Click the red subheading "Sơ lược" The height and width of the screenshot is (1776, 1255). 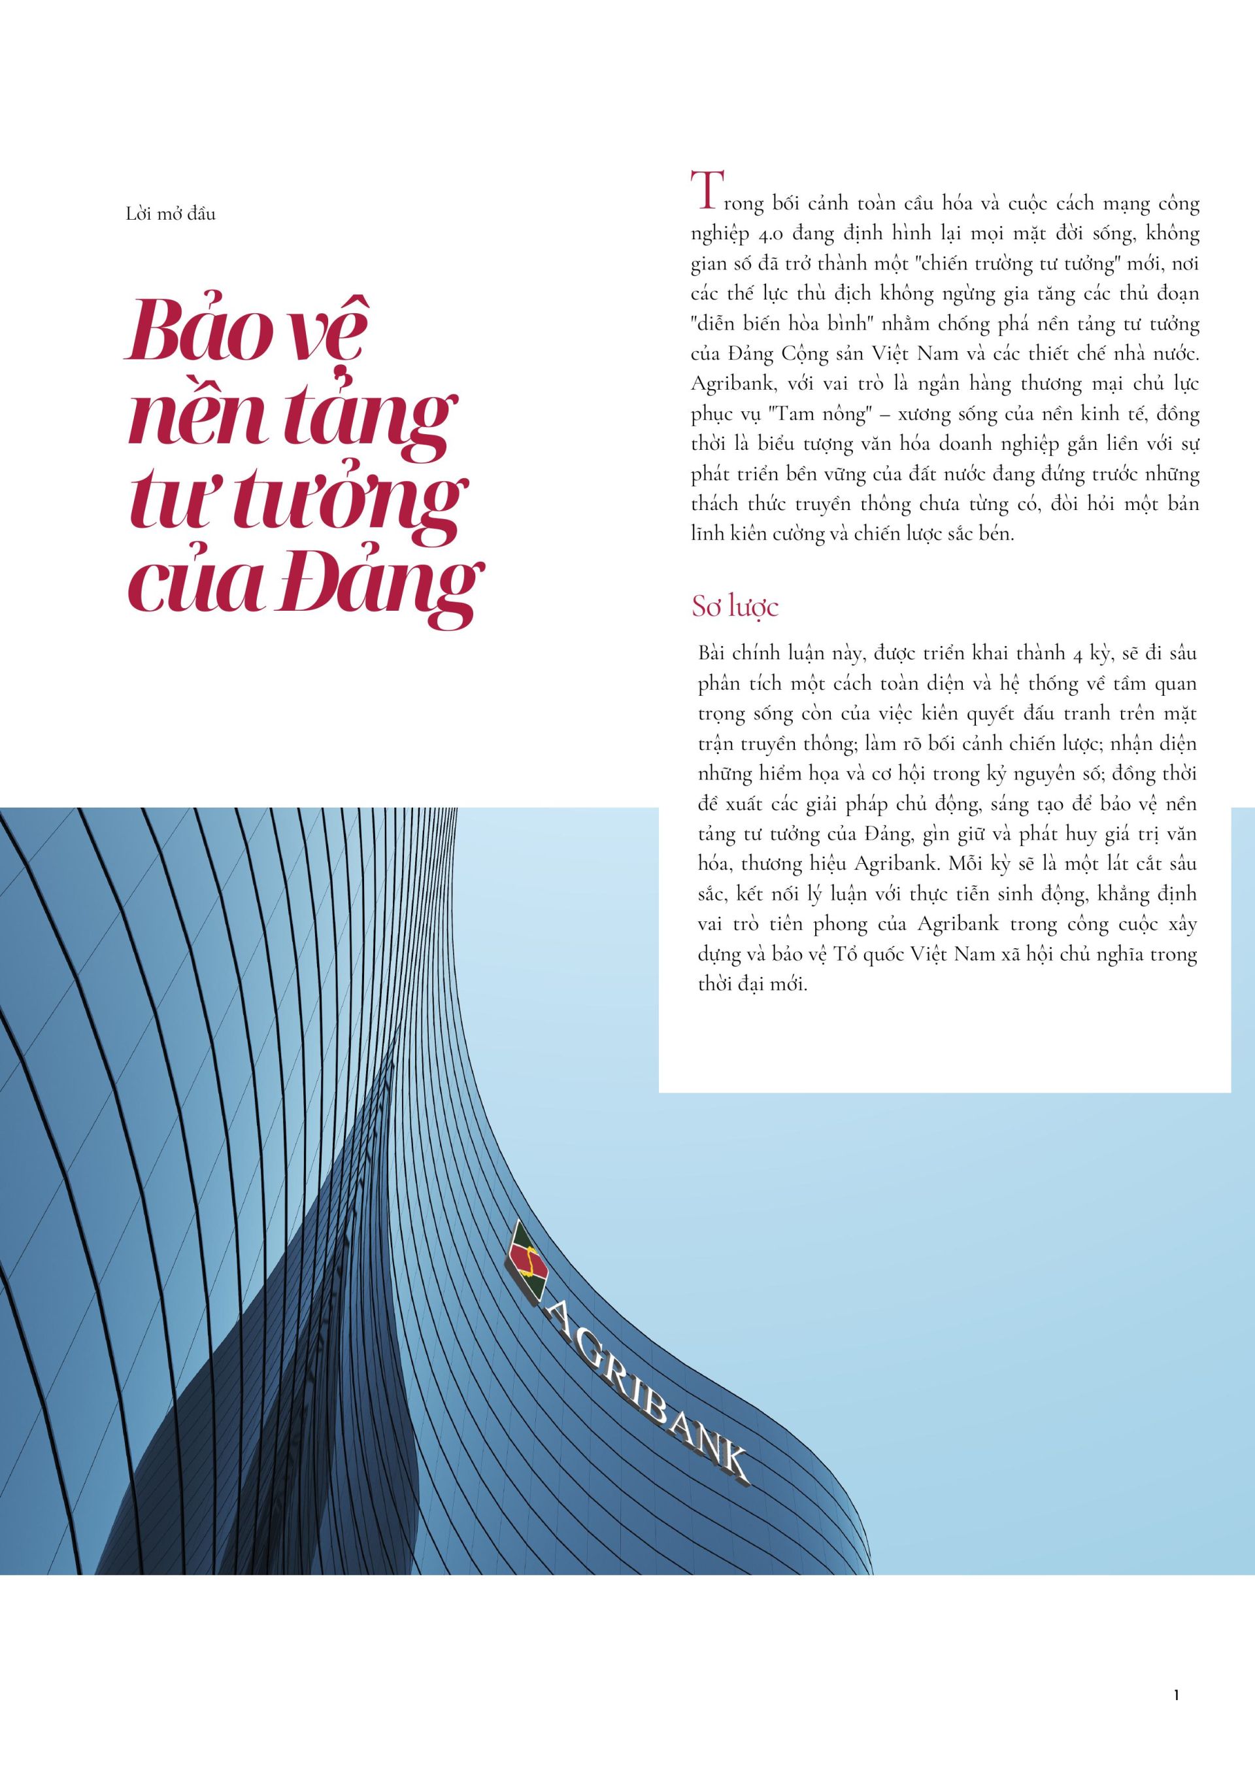(x=735, y=607)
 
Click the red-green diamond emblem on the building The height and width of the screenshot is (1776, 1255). (x=528, y=1264)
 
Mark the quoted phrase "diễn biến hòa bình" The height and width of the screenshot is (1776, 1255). (x=782, y=325)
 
